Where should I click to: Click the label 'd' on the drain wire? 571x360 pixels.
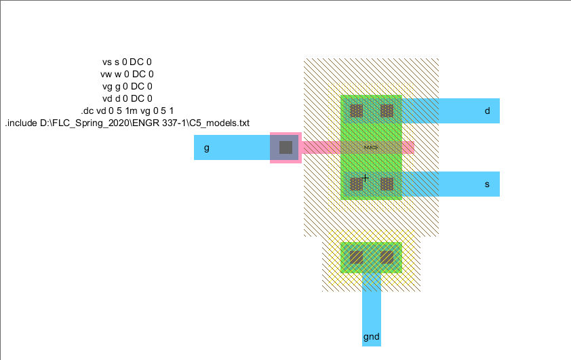(x=487, y=111)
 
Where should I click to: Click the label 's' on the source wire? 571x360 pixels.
(x=487, y=184)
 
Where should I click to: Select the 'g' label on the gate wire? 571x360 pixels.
(x=207, y=147)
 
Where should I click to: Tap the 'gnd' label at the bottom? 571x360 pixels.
(x=371, y=336)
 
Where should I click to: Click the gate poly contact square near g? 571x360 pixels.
(x=285, y=147)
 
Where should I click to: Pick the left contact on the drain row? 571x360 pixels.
(x=356, y=111)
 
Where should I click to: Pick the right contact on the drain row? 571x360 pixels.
(x=387, y=111)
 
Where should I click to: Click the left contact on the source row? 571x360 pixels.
(x=356, y=184)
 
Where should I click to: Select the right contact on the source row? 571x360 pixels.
(x=387, y=184)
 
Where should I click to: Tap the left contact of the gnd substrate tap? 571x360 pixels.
(x=356, y=258)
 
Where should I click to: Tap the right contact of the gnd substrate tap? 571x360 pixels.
(x=387, y=258)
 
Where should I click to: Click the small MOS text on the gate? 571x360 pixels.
(x=370, y=147)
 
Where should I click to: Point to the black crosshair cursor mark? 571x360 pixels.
(x=365, y=178)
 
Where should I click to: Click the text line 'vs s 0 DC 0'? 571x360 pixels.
(x=126, y=62)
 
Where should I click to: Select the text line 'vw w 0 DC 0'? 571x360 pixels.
(x=127, y=74)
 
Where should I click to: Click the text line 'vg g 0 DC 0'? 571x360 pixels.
(x=127, y=86)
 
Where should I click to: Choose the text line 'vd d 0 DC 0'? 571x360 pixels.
(x=127, y=98)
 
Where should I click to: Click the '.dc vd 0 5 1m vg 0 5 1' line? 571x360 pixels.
(x=127, y=111)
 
